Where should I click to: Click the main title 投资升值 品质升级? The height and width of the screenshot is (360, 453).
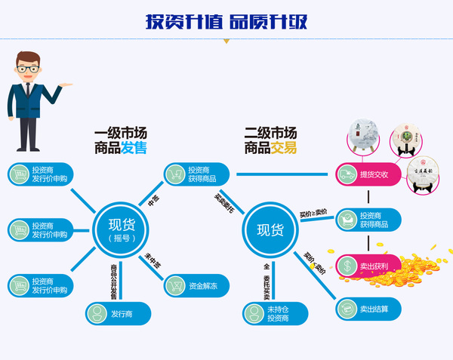(x=226, y=21)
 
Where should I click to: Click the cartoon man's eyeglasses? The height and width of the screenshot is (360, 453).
(x=29, y=69)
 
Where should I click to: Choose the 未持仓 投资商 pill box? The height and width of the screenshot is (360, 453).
(x=276, y=313)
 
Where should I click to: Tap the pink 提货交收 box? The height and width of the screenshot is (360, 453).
(x=367, y=175)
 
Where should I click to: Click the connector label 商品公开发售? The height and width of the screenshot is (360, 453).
(x=115, y=278)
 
